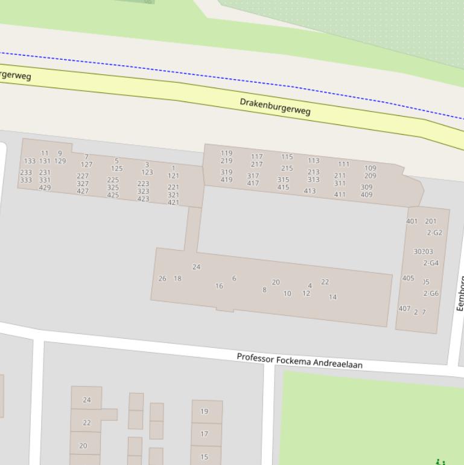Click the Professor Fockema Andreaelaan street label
pyautogui.click(x=299, y=361)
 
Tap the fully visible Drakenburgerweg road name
pyautogui.click(x=275, y=106)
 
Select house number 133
pyautogui.click(x=30, y=161)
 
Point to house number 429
pyautogui.click(x=45, y=188)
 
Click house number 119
pyautogui.click(x=226, y=153)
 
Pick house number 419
pyautogui.click(x=226, y=180)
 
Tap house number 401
pyautogui.click(x=412, y=222)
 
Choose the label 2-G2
pyautogui.click(x=434, y=232)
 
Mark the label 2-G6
pyautogui.click(x=431, y=293)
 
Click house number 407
pyautogui.click(x=404, y=309)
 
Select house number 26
pyautogui.click(x=162, y=279)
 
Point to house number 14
pyautogui.click(x=332, y=297)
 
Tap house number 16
pyautogui.click(x=219, y=286)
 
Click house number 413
pyautogui.click(x=310, y=191)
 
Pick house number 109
pyautogui.click(x=370, y=168)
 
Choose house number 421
pyautogui.click(x=173, y=203)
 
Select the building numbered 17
pyautogui.click(x=204, y=434)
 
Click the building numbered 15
pyautogui.click(x=204, y=457)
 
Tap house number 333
pyautogui.click(x=26, y=181)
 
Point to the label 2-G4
pyautogui.click(x=431, y=263)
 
